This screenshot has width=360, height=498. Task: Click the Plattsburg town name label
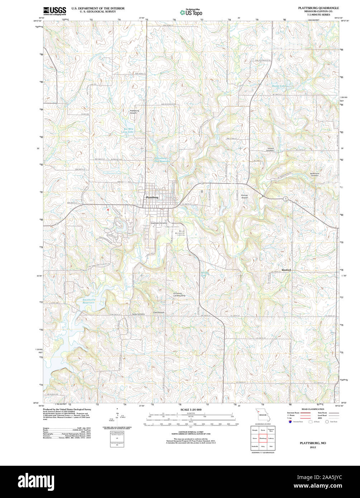tap(152, 197)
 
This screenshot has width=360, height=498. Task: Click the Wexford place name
tap(286, 270)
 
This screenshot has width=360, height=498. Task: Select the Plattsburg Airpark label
tap(134, 112)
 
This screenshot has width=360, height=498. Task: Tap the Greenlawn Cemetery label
tap(159, 223)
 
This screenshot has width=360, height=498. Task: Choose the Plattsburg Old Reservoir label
tap(162, 159)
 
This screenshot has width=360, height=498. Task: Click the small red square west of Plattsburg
tap(108, 209)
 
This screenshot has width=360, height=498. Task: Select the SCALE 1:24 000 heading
tap(191, 410)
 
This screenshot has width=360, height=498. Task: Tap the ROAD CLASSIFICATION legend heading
tap(313, 409)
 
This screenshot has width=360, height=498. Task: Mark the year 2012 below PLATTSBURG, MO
tap(313, 447)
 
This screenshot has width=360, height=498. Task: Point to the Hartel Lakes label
tap(279, 86)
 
